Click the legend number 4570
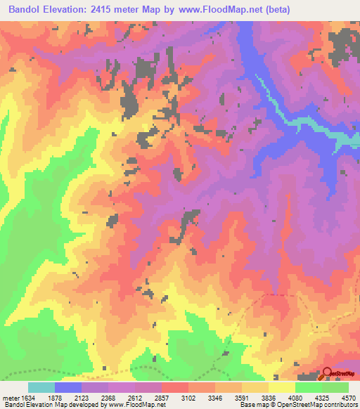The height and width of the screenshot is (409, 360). (x=347, y=397)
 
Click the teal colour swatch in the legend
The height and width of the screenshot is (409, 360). (x=41, y=387)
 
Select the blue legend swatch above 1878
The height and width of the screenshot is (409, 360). (x=68, y=387)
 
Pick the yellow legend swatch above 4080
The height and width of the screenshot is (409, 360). (x=282, y=387)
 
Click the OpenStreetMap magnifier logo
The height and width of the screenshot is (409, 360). (x=328, y=373)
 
